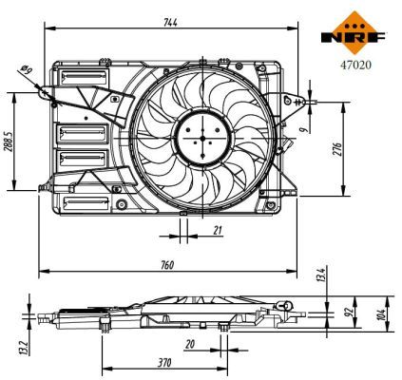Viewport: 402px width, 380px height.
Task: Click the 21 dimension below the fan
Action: click(x=218, y=229)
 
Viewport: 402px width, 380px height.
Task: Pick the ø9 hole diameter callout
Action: click(x=26, y=69)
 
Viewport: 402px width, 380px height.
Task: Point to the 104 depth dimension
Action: click(x=382, y=314)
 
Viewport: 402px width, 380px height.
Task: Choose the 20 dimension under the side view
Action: click(x=190, y=344)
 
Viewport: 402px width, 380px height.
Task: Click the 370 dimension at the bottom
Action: click(x=164, y=362)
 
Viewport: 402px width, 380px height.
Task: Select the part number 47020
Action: click(x=355, y=66)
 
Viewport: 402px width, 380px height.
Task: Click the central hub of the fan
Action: click(x=201, y=138)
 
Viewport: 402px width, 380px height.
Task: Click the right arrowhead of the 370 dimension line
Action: click(x=224, y=369)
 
